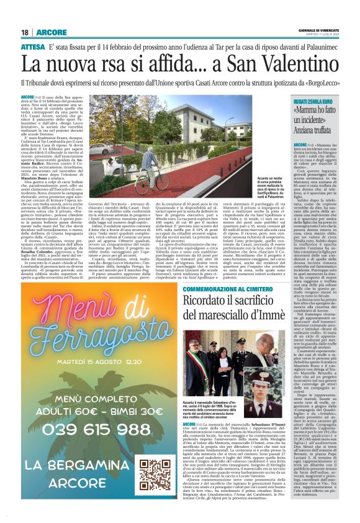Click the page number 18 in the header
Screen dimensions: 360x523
click(x=25, y=32)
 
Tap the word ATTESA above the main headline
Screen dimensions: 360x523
click(x=33, y=46)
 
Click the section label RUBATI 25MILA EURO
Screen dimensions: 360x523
click(x=321, y=101)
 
